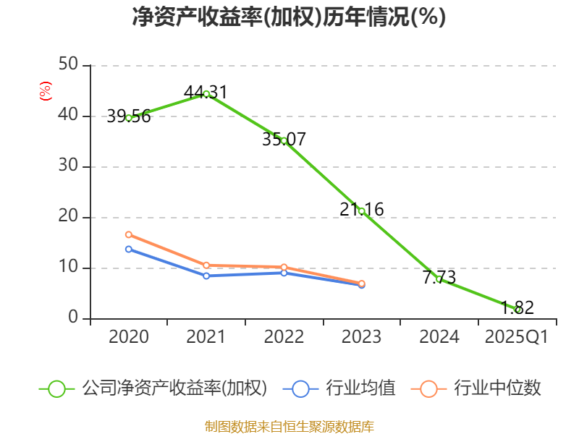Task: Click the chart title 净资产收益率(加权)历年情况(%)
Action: tap(289, 17)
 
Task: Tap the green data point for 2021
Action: tap(206, 94)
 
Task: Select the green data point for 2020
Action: tap(129, 117)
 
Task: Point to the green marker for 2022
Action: tap(284, 140)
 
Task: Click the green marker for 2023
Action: tap(361, 211)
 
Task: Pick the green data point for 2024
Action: tap(439, 278)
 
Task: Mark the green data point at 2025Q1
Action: tap(517, 310)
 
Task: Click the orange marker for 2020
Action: tap(129, 234)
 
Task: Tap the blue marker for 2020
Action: tap(129, 249)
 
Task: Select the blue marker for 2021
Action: tap(206, 276)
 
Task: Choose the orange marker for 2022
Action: tap(284, 268)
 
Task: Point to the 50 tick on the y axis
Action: tap(69, 65)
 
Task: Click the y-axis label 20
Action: tap(69, 217)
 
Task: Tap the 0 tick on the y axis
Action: tap(73, 318)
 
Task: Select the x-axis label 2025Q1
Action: tap(516, 337)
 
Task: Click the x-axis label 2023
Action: tap(361, 337)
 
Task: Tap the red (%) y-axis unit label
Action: tap(45, 92)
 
